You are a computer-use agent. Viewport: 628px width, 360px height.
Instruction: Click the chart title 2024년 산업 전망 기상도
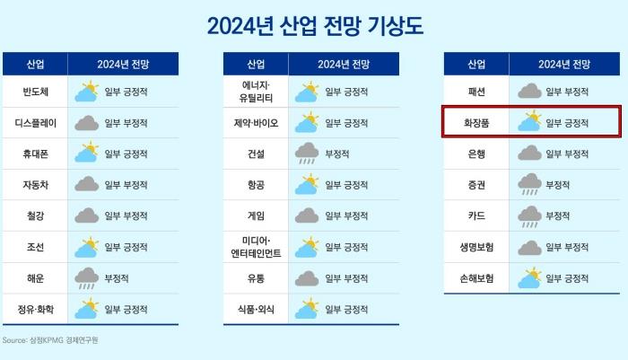(315, 26)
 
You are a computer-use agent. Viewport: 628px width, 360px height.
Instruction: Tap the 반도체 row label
(35, 92)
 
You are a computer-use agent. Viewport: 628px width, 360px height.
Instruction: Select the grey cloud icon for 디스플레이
(86, 123)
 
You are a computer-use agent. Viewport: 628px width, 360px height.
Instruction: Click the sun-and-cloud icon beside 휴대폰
(86, 152)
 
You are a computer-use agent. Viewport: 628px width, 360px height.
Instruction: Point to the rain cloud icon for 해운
(86, 278)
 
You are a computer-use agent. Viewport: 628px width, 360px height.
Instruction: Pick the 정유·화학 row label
(35, 310)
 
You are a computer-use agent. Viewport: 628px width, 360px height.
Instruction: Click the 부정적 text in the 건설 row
(336, 154)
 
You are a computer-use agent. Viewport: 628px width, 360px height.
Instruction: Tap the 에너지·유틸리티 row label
(256, 92)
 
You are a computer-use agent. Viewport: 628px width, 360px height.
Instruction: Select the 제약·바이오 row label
(256, 123)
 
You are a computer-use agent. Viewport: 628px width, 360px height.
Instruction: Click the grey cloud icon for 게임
(307, 215)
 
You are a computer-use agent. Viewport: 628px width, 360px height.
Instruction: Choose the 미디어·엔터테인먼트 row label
(256, 247)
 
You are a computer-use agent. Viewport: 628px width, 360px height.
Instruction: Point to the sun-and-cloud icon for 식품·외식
(307, 308)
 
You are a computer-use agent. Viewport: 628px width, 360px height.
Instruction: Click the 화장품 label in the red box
(476, 123)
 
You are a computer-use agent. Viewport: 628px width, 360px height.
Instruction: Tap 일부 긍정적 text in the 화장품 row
(567, 123)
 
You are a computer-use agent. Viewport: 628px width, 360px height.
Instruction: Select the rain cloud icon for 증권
(529, 184)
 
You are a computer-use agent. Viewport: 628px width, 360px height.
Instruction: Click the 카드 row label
(476, 215)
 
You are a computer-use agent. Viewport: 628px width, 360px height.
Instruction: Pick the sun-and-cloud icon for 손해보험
(529, 277)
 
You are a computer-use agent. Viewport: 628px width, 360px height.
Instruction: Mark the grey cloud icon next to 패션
(529, 92)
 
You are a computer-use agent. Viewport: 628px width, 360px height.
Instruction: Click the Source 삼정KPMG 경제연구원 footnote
(50, 340)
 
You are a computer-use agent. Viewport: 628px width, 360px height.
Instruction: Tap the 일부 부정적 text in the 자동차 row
(126, 185)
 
